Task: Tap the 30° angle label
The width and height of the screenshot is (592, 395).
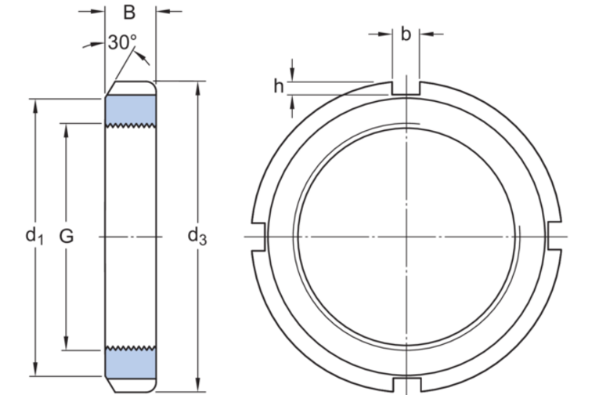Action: point(122,42)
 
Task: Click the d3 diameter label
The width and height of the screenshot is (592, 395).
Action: point(197,235)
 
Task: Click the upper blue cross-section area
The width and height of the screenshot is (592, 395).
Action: point(131,109)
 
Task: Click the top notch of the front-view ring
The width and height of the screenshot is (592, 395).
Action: point(406,88)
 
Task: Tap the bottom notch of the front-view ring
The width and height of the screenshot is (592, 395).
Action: point(406,382)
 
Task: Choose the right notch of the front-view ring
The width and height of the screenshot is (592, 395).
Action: point(553,236)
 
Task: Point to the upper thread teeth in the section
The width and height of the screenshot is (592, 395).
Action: point(131,125)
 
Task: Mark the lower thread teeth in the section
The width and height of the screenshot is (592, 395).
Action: point(131,348)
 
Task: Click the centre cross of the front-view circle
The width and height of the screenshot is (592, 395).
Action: point(406,236)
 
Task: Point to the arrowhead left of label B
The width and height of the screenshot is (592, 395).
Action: point(99,12)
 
